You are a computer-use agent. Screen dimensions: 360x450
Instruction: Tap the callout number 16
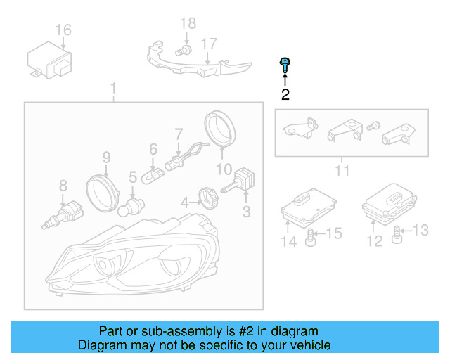click(x=63, y=30)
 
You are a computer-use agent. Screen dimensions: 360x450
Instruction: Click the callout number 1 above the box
click(x=112, y=89)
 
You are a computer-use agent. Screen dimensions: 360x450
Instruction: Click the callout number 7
click(x=179, y=133)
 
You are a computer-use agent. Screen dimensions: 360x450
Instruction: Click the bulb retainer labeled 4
click(x=207, y=195)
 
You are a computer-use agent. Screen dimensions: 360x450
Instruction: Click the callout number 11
click(x=342, y=170)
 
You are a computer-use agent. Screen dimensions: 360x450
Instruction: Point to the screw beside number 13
click(x=399, y=233)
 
